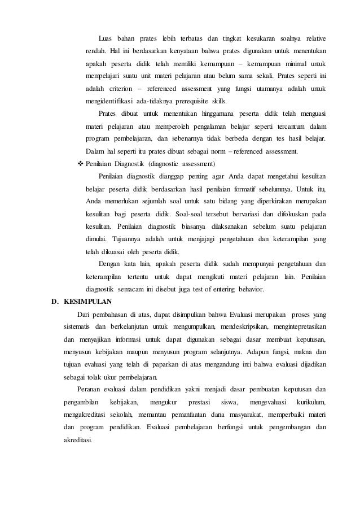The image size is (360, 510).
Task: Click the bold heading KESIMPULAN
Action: (x=88, y=302)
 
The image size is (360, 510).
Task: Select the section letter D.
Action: (x=55, y=302)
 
